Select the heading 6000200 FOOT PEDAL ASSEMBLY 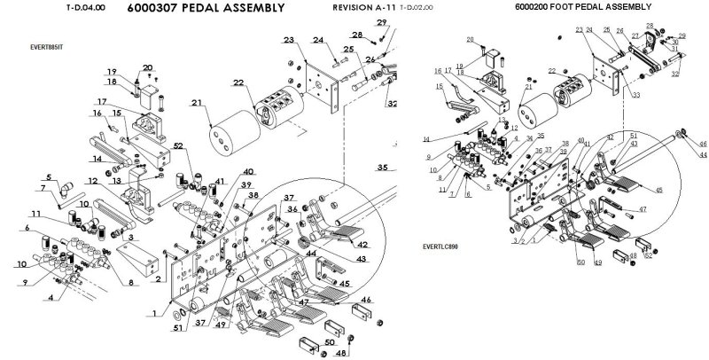582,8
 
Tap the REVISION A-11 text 363,9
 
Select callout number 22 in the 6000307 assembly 238,82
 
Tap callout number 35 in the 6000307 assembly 383,167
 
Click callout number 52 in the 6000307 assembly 179,145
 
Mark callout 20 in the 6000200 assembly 471,40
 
